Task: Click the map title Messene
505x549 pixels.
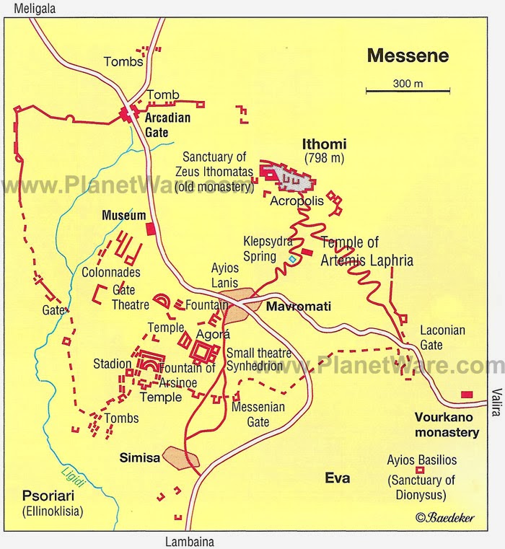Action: (408, 56)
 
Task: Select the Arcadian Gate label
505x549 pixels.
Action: (167, 124)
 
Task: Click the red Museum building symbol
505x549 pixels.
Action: (150, 229)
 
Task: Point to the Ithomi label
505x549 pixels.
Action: (324, 144)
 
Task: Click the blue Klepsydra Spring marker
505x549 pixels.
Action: (291, 258)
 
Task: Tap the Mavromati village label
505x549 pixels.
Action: (299, 307)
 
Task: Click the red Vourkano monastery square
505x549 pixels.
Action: (467, 395)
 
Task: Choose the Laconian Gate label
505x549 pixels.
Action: (443, 336)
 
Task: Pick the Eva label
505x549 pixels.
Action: (337, 478)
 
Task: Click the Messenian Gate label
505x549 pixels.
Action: (258, 413)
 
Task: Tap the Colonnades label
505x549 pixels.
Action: (110, 273)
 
